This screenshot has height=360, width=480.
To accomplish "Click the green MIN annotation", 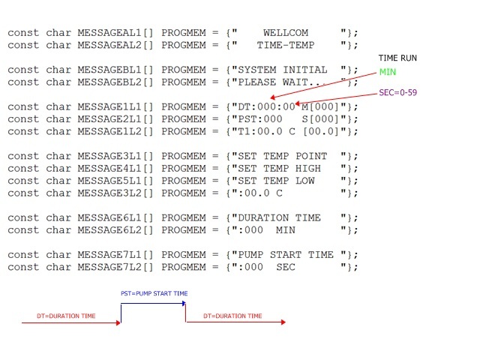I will [x=388, y=72].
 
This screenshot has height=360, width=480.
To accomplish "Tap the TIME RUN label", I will [x=398, y=58].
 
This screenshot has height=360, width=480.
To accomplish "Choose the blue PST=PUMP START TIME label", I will [x=154, y=293].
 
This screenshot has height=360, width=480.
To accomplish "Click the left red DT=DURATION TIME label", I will [x=66, y=316].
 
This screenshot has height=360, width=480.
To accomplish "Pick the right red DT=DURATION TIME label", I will [x=232, y=316].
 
